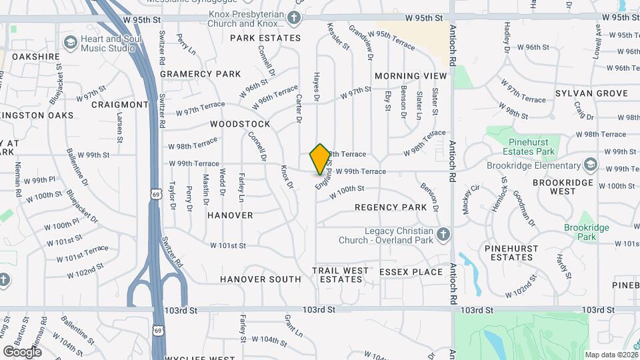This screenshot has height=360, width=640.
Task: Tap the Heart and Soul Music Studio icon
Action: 70,43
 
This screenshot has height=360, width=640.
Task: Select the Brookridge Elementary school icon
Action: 590,165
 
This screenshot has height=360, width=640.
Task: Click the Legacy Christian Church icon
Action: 444,234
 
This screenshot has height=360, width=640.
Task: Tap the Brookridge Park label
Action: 587,232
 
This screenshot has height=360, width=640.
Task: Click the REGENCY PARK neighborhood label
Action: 391,207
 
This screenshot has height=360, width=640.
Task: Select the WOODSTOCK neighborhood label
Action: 240,124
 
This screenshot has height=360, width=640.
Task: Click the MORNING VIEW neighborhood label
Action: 411,76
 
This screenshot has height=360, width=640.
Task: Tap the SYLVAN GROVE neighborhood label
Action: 591,93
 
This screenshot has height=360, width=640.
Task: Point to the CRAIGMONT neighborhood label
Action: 120,105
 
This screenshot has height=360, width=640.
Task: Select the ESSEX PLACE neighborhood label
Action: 411,272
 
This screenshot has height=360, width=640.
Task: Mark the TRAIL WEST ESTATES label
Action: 341,275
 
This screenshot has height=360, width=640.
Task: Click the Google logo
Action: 22,351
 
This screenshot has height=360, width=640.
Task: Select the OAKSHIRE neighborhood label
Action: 36,57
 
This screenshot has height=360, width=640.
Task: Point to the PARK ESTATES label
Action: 265,38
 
